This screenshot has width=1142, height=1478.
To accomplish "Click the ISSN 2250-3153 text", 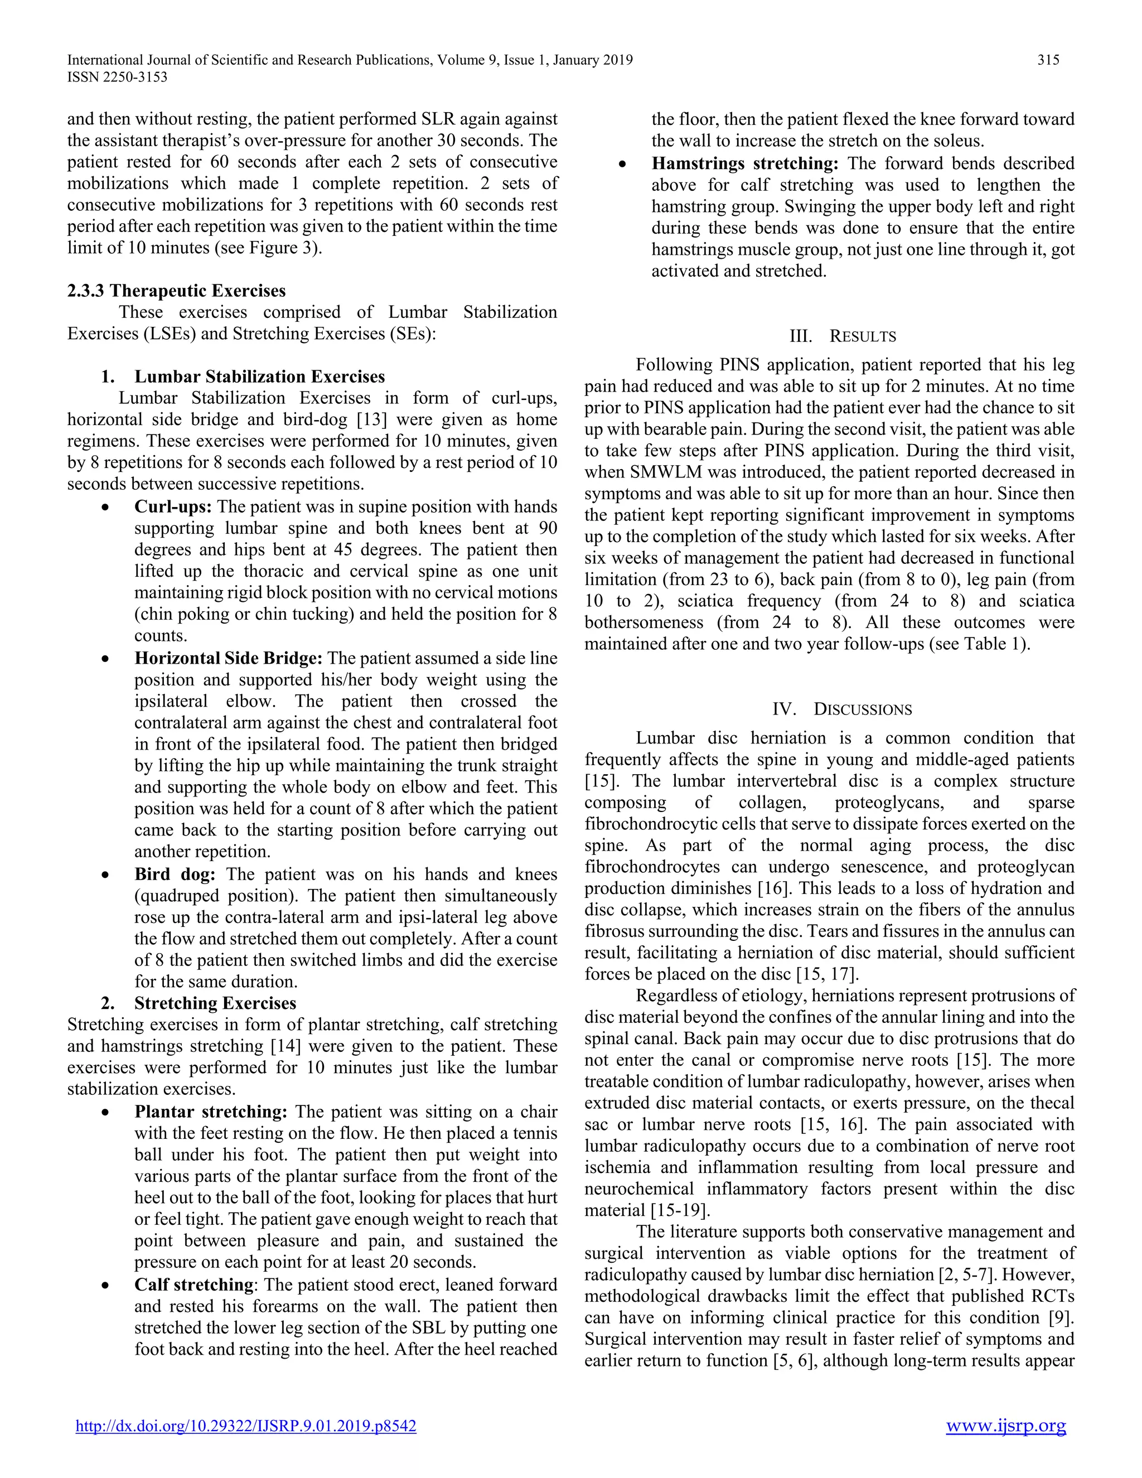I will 117,77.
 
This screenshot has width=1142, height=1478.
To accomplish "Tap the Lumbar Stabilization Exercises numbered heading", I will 259,377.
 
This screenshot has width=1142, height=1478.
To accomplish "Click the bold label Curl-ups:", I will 173,507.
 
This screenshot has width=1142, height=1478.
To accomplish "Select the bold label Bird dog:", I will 175,875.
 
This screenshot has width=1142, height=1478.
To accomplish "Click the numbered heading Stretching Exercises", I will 215,1003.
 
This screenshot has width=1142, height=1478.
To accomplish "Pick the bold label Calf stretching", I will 193,1285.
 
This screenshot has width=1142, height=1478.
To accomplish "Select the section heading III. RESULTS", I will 843,337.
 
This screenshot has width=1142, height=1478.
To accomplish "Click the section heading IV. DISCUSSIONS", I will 843,710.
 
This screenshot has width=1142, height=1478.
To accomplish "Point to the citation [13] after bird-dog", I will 371,419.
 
